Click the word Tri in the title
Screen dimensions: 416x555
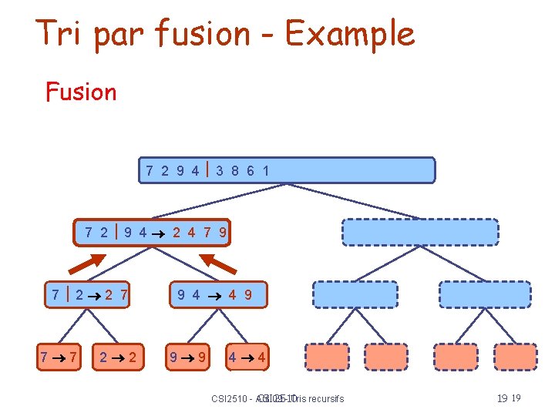pos(62,33)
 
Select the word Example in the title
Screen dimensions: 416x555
pos(350,35)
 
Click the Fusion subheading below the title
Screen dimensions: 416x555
pos(81,92)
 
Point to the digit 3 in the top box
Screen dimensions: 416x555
pos(220,170)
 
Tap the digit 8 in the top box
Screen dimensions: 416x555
pos(236,170)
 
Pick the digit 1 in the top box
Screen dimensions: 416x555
pos(266,170)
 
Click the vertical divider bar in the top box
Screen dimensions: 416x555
pos(207,169)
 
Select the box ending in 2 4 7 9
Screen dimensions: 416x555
pos(153,232)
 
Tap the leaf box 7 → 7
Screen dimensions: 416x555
pos(59,357)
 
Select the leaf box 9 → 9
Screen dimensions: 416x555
pos(189,357)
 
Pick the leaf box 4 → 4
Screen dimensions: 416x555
pos(247,357)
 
